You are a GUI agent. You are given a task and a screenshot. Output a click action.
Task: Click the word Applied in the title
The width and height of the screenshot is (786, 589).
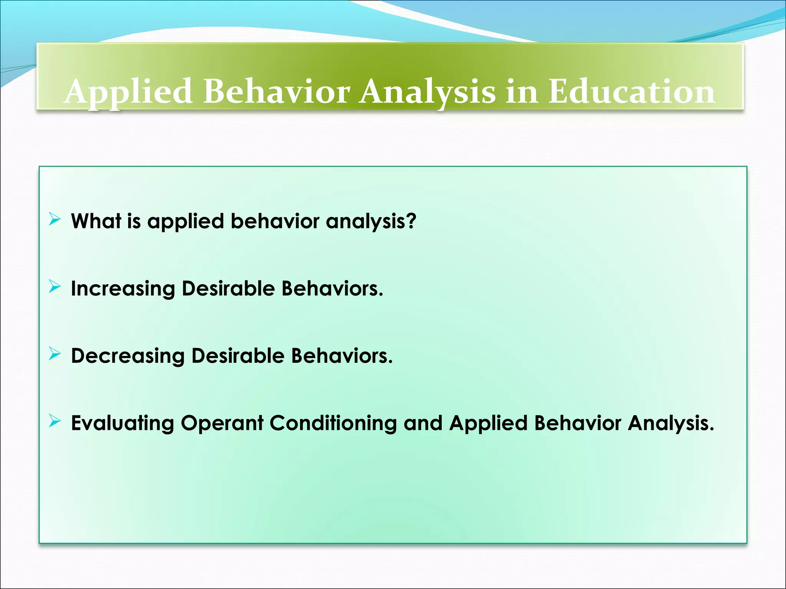[x=128, y=92]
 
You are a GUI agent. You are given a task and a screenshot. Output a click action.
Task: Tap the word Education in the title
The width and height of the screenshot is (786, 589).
[x=631, y=92]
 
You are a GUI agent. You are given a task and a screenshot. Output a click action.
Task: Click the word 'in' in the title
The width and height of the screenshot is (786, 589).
[x=521, y=92]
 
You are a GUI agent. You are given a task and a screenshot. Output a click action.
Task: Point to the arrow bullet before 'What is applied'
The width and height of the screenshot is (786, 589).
[x=55, y=220]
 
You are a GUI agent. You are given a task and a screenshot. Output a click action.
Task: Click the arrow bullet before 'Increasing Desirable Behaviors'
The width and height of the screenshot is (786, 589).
[x=55, y=287]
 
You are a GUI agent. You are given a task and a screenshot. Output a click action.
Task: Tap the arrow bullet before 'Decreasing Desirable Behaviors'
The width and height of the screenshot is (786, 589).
[x=55, y=354]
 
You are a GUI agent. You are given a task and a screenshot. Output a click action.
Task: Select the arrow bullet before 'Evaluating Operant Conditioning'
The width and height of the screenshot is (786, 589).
[x=55, y=421]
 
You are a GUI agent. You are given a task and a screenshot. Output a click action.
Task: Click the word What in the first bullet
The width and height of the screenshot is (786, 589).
[x=96, y=221]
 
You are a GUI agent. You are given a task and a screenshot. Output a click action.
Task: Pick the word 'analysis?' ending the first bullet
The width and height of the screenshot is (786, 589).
[x=371, y=222]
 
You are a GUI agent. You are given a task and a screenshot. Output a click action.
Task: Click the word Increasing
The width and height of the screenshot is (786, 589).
[x=123, y=289]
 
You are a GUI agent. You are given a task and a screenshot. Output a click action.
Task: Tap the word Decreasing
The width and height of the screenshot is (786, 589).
[x=128, y=356]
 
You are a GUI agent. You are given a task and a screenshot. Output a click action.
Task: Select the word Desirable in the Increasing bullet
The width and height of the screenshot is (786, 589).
[x=228, y=288]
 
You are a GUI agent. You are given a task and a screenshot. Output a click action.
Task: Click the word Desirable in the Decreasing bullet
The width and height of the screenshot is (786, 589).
[x=238, y=356]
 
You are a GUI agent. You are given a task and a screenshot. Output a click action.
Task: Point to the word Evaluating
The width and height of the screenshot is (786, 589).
[x=122, y=424]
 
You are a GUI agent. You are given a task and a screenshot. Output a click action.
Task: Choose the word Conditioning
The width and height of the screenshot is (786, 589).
[x=333, y=424]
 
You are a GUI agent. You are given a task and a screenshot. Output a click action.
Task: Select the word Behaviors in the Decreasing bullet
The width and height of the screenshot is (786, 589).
[x=342, y=356]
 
